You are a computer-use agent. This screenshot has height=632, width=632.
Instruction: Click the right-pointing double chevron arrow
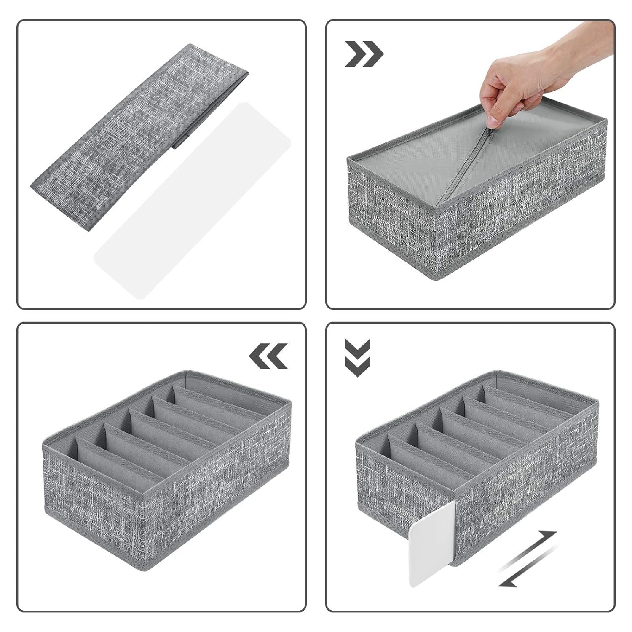click(x=364, y=54)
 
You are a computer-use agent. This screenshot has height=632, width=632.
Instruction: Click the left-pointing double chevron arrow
click(x=268, y=356)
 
